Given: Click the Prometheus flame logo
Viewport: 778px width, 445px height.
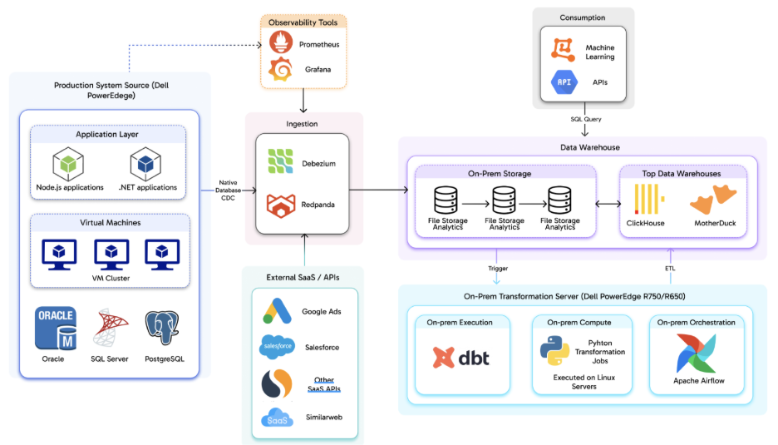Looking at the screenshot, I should [x=280, y=42].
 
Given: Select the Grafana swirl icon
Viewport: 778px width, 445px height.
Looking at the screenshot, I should [x=280, y=70].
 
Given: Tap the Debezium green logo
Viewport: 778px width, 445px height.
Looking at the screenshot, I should [x=279, y=162].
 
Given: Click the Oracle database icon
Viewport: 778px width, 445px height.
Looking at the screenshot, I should [x=56, y=329].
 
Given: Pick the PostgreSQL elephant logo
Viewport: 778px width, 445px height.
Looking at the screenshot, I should [x=163, y=329].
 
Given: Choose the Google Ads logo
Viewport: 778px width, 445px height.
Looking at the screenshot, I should [x=277, y=311].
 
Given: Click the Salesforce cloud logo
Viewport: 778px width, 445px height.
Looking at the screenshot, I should [x=277, y=346].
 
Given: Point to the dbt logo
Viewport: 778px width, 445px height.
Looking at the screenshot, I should [x=461, y=357].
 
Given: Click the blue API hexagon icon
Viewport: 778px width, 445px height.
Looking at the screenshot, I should [x=564, y=82].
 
